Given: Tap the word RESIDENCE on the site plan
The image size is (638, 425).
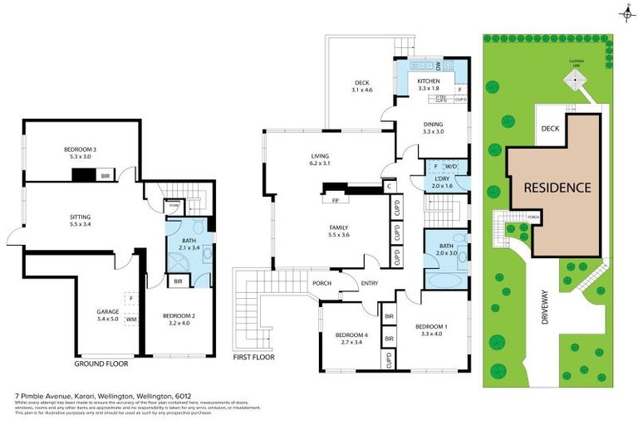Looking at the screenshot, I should point(557,188).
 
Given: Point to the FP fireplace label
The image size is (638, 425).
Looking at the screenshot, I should point(336,200).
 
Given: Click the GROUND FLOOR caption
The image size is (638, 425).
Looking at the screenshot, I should point(101,364).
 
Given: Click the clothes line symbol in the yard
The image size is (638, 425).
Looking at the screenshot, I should point(573,77).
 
